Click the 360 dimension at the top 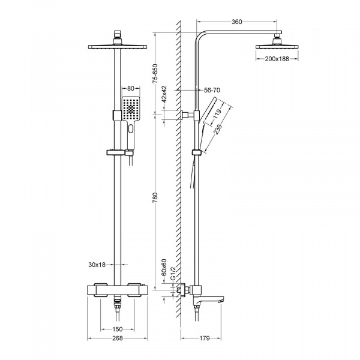(236, 22)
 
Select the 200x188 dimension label (277, 59)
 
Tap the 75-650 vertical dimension (155, 74)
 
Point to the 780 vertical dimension (155, 197)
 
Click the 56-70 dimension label (212, 89)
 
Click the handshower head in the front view (130, 111)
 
